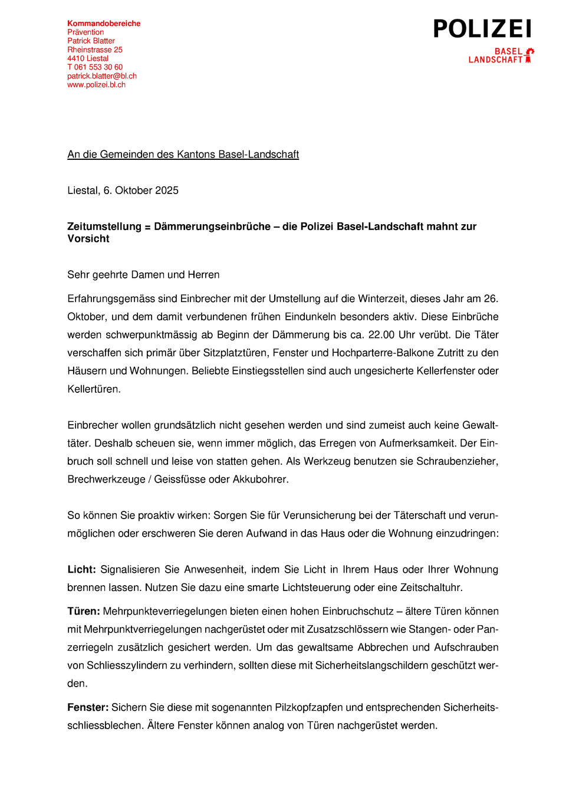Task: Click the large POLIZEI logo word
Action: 482,29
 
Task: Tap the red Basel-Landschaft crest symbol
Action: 529,55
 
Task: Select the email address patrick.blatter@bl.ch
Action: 102,76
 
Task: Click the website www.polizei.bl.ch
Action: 96,85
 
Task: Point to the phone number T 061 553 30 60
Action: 95,67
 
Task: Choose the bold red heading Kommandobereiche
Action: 104,24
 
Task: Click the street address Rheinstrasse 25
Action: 95,50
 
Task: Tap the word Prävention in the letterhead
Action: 85,32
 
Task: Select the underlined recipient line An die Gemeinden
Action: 183,155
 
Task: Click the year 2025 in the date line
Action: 166,191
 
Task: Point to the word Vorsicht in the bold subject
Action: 88,239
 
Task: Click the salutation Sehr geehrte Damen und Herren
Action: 143,275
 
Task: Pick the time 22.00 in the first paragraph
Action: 381,335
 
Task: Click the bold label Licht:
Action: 81,570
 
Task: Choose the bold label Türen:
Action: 83,612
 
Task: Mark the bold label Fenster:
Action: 88,708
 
